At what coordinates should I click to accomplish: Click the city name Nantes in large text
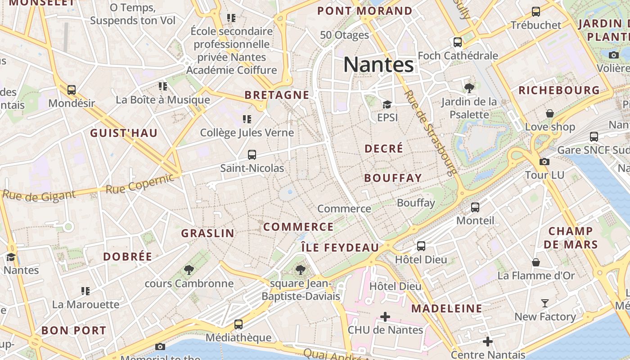tap(378, 65)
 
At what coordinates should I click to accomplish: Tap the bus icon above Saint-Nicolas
tap(252, 155)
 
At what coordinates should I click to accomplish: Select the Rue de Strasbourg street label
tap(430, 132)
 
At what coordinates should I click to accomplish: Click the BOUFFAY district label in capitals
tap(393, 178)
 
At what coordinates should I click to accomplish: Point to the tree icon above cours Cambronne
tap(189, 270)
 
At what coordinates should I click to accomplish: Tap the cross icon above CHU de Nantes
tap(385, 317)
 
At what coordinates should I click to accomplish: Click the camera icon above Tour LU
tap(544, 162)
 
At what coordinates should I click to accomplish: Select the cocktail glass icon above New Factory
tap(545, 303)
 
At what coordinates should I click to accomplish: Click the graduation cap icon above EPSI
tap(387, 104)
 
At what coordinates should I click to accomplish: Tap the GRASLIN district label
tap(207, 233)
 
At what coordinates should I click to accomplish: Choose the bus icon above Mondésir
tap(72, 90)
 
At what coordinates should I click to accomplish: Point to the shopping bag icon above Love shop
tap(549, 113)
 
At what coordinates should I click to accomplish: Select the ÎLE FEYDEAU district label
tap(340, 247)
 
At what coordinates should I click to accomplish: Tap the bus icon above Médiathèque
tap(238, 324)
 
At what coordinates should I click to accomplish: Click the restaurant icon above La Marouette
tap(85, 291)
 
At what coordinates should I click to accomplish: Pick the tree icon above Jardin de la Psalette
tap(469, 88)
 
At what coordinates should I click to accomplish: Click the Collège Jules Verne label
tap(247, 133)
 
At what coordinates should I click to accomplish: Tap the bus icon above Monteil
tap(475, 207)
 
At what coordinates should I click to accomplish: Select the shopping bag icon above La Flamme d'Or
tap(536, 262)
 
